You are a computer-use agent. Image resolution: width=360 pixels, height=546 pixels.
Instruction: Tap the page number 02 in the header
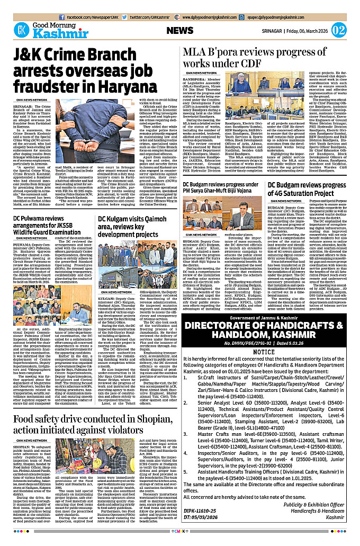coord(339,29)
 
